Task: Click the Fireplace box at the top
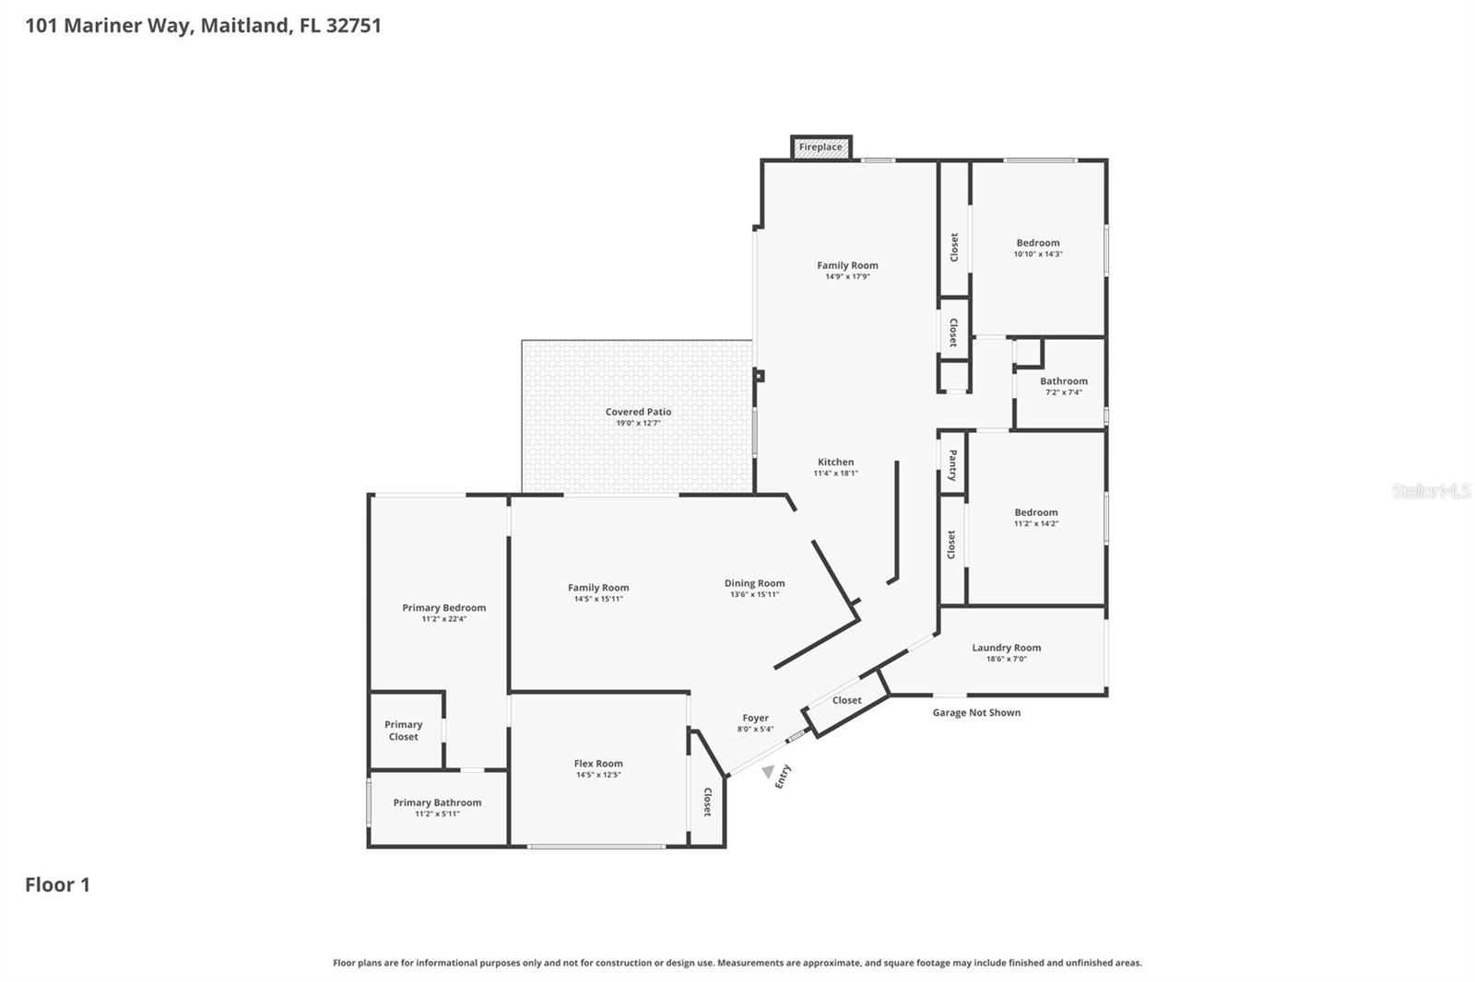click(820, 147)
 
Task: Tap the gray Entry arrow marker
click(768, 772)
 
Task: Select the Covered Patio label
click(638, 412)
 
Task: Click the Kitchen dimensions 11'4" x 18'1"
click(835, 473)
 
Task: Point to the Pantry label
click(952, 465)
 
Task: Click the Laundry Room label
click(1006, 648)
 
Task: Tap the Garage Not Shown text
click(976, 712)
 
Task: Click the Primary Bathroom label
click(437, 802)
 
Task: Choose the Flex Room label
click(598, 763)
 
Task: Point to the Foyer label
click(755, 718)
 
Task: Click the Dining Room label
click(754, 583)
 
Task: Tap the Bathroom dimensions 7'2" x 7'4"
click(1063, 392)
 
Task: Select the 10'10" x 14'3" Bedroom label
click(1038, 243)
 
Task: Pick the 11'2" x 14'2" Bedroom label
click(1036, 512)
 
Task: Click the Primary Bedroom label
click(443, 607)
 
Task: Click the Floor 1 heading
click(57, 884)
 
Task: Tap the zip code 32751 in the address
click(353, 26)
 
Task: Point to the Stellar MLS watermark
click(1431, 491)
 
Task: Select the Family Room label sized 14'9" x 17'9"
click(847, 265)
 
